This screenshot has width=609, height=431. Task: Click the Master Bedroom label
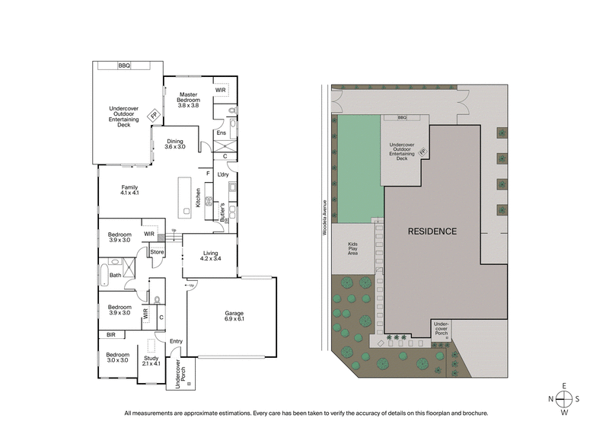tap(188, 100)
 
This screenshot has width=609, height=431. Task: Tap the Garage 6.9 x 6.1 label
tap(234, 316)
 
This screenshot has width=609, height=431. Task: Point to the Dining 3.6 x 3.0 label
tap(174, 143)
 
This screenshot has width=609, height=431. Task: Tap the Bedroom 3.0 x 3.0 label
tap(117, 358)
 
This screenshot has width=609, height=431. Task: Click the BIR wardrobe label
tap(111, 334)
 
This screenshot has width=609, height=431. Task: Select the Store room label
tap(157, 252)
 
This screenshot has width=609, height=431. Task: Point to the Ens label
tap(222, 133)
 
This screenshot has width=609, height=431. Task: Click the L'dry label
tap(223, 175)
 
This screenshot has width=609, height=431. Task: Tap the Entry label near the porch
tap(176, 341)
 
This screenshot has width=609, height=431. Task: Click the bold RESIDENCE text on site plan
tap(432, 231)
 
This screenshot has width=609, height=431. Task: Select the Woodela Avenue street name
tap(324, 218)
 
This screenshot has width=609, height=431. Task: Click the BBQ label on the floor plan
tap(124, 66)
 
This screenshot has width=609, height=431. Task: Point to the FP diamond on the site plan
tap(422, 151)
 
